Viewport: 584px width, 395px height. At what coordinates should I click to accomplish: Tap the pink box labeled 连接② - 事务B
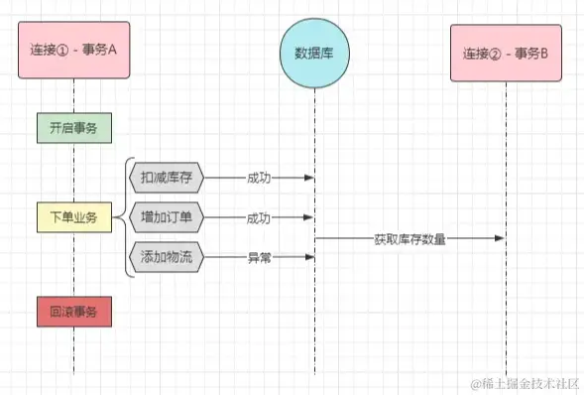(x=505, y=52)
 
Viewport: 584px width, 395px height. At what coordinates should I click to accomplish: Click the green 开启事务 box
(x=73, y=127)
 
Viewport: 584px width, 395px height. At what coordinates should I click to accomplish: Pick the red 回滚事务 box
(x=73, y=312)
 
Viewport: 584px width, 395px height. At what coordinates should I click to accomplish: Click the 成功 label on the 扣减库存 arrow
(x=260, y=178)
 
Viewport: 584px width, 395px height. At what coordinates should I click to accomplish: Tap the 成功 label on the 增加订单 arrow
(x=260, y=216)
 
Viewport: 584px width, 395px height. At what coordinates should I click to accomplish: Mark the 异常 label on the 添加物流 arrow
(x=260, y=257)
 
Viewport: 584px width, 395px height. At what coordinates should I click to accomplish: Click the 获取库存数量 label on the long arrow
(x=409, y=238)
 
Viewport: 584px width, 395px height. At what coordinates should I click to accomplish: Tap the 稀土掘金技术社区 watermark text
(x=525, y=381)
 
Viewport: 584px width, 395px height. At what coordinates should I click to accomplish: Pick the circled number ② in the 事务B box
(x=497, y=52)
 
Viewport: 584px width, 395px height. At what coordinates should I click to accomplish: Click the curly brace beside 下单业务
(x=123, y=216)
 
